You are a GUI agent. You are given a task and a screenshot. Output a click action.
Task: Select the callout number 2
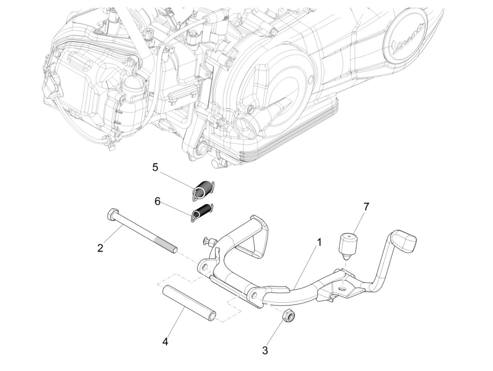click(x=100, y=248)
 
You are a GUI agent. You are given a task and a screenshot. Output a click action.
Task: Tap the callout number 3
click(x=265, y=351)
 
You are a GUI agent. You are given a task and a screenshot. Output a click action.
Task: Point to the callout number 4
click(x=165, y=341)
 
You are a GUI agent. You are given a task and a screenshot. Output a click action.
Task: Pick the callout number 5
click(x=155, y=167)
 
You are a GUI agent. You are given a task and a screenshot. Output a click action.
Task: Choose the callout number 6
click(x=157, y=201)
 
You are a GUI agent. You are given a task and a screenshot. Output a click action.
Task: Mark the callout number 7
click(x=366, y=206)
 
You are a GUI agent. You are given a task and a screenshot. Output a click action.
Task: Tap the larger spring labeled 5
click(x=203, y=191)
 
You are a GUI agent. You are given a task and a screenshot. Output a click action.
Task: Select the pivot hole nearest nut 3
click(x=254, y=295)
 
